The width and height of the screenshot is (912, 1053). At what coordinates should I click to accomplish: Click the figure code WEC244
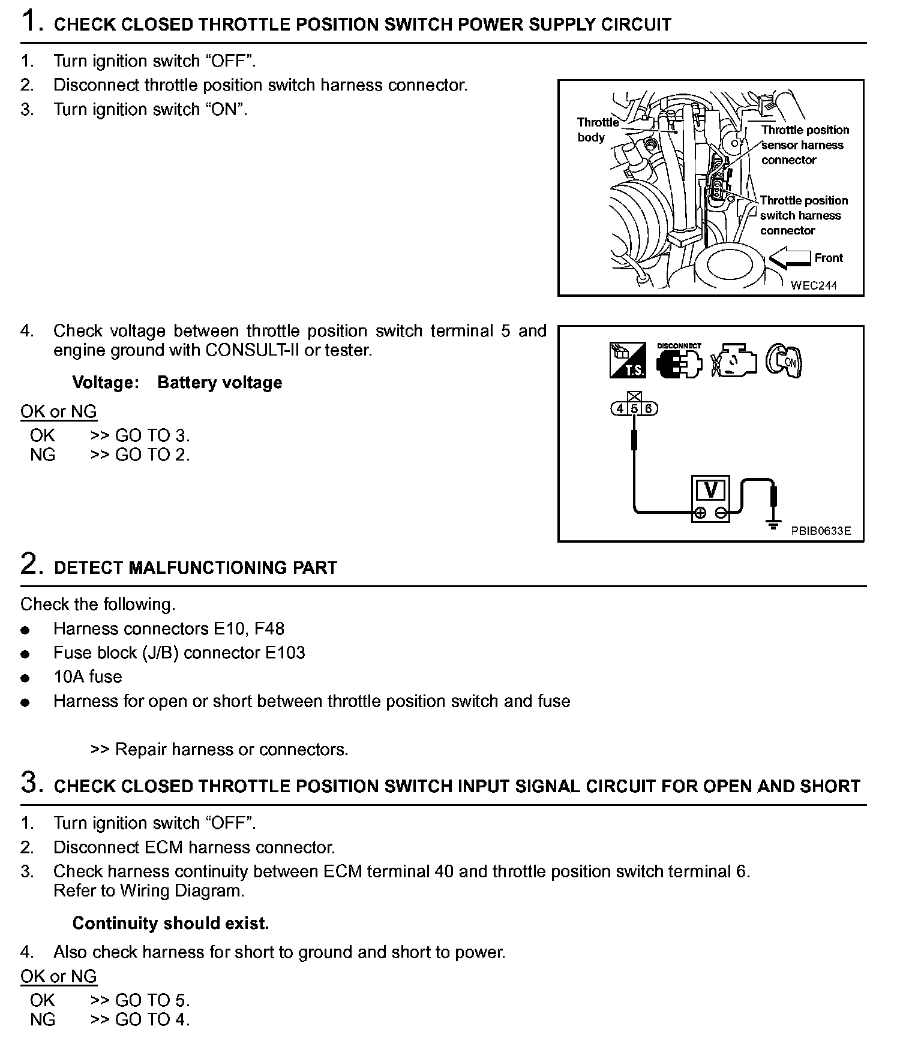814,285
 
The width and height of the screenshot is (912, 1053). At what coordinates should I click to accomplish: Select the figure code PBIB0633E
820,531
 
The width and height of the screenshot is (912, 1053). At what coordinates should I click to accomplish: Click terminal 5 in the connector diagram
634,409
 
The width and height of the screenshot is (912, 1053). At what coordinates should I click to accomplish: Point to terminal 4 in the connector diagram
620,409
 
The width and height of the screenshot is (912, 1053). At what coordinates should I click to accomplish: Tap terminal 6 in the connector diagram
649,409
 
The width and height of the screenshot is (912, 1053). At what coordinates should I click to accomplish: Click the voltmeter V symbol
711,491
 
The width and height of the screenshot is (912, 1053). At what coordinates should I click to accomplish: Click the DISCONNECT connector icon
679,362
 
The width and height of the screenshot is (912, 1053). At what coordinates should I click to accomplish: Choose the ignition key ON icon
784,361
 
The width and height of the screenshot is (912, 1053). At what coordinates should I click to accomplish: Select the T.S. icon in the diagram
628,361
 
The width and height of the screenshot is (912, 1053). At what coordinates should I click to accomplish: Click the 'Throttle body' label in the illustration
596,130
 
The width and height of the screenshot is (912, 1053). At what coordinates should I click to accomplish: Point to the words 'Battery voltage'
220,383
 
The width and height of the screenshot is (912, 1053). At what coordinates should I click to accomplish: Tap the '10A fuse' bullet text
88,677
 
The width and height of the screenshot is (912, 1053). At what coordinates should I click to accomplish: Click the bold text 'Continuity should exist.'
170,923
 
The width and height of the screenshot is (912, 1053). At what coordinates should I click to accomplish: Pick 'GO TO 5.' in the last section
152,1000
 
